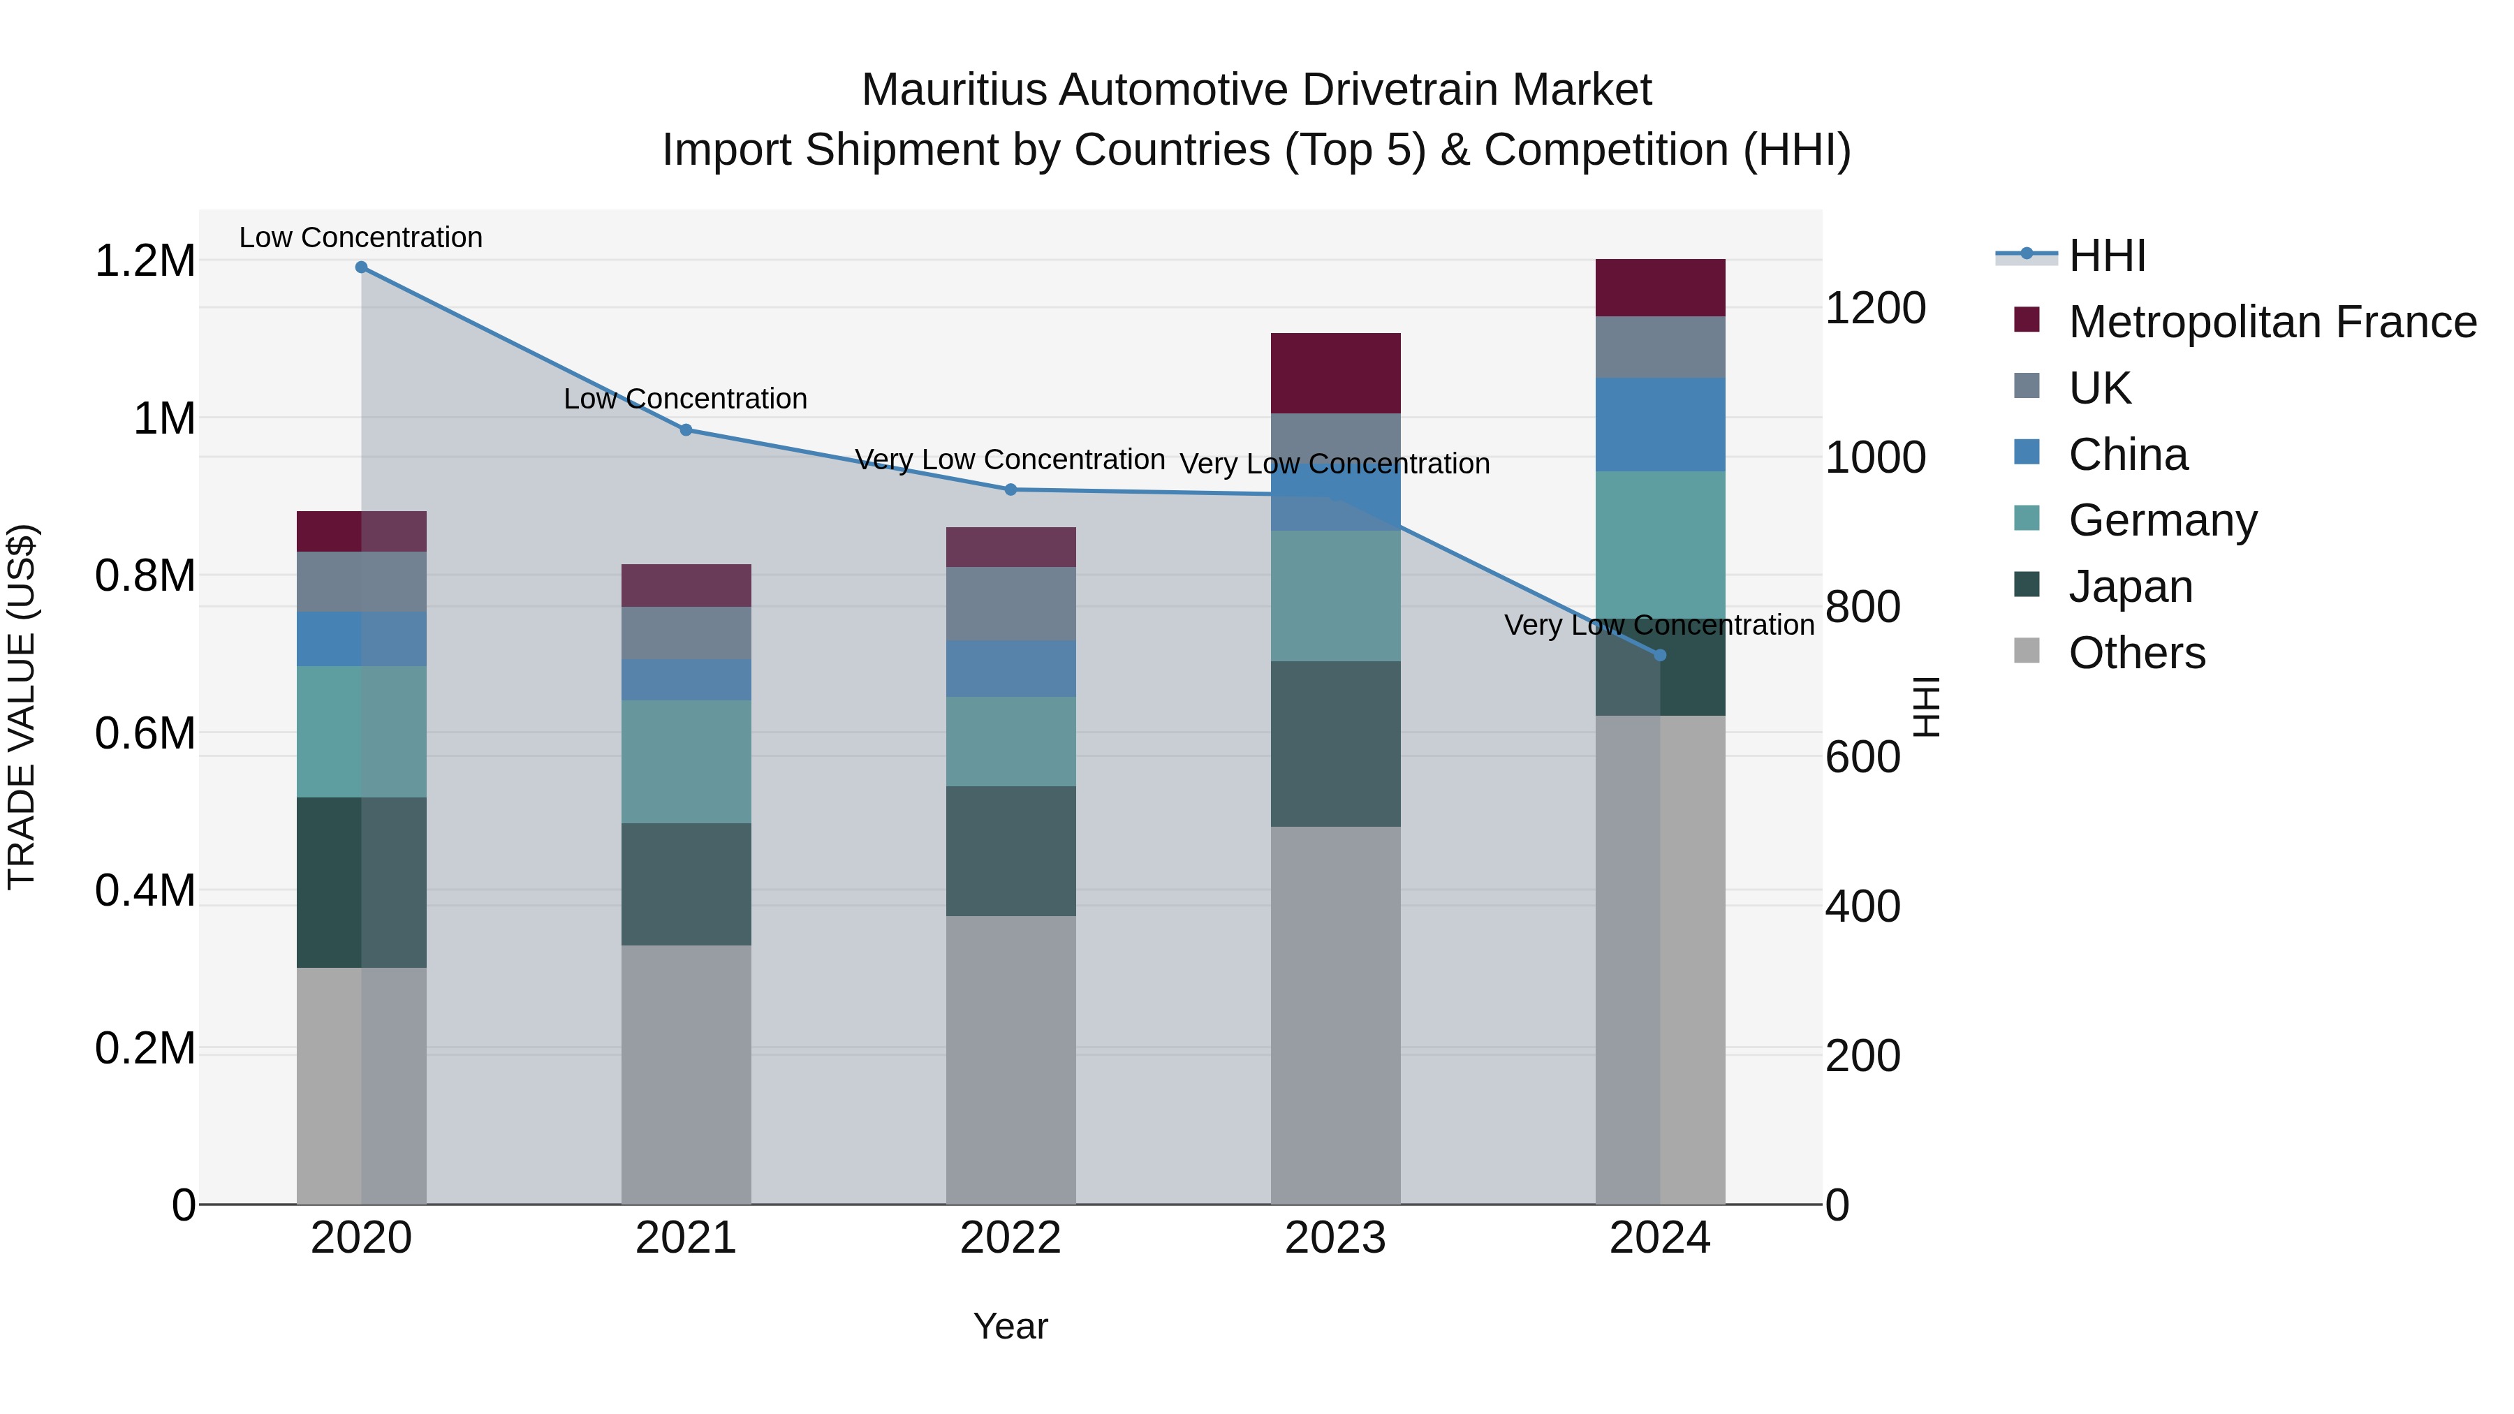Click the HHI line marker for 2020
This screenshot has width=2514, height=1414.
361,267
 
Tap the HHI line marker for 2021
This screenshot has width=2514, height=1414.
686,430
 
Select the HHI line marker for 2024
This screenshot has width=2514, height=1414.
1660,656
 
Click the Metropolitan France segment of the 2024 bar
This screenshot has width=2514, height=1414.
1660,288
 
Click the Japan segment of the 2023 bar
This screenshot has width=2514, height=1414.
1335,744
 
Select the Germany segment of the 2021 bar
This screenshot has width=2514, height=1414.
686,761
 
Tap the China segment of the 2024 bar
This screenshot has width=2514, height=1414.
1660,425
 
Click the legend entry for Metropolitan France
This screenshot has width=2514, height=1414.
2272,322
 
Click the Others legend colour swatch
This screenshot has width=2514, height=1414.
2027,651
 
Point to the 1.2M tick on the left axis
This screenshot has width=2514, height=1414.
145,262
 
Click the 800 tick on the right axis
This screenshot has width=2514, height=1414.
1862,607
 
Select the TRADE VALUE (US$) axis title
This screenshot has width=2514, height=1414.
22,707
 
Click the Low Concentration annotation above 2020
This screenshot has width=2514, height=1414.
360,237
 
